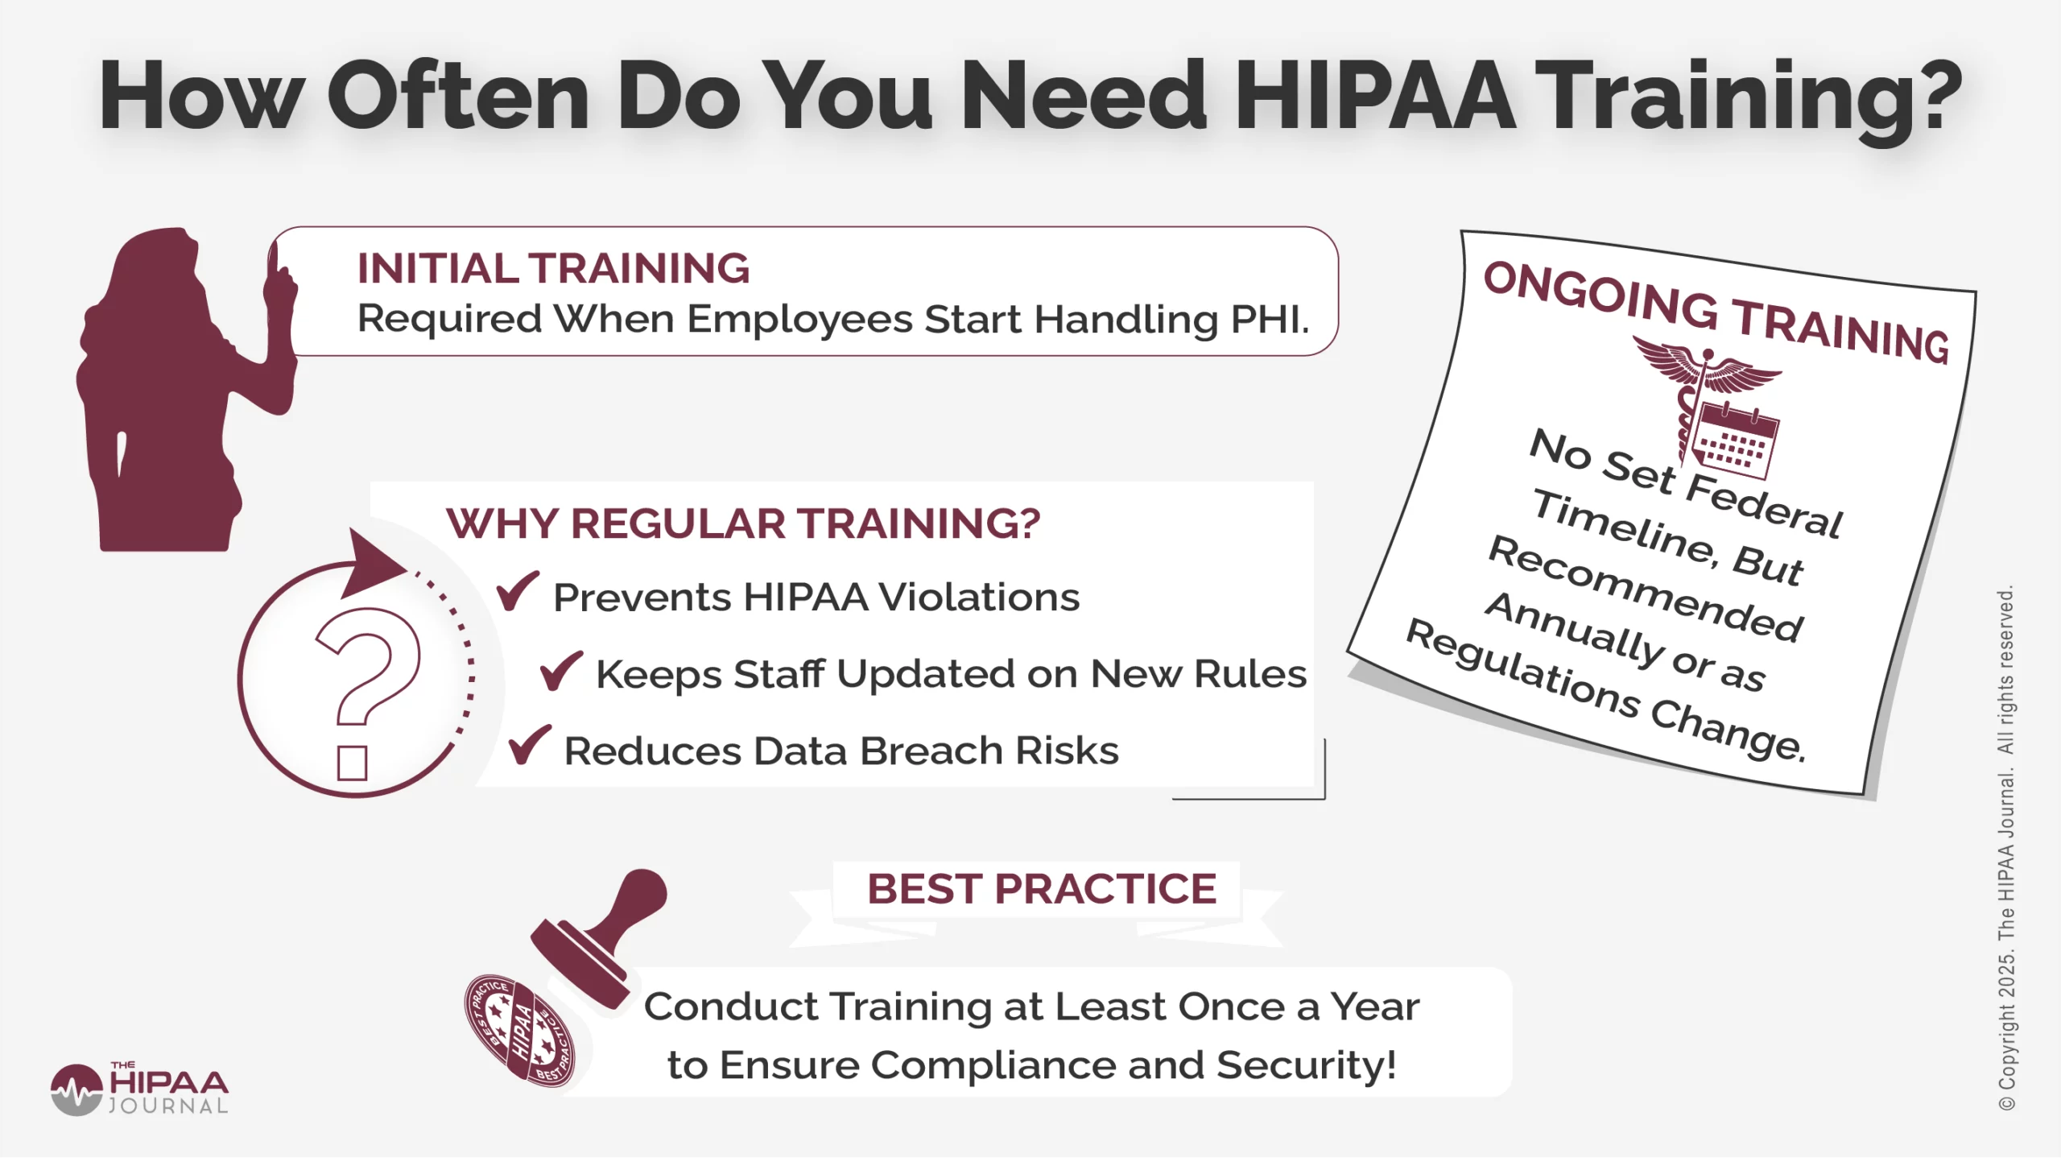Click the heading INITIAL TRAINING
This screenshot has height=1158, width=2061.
553,268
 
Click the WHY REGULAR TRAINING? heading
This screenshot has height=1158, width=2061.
743,523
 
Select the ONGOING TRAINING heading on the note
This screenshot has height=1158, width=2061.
1716,312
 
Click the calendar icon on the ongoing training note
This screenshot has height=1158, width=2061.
1735,441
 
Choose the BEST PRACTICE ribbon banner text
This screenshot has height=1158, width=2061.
1041,889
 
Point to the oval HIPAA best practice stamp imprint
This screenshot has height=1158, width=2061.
520,1031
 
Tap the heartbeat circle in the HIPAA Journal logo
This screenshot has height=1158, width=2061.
76,1090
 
